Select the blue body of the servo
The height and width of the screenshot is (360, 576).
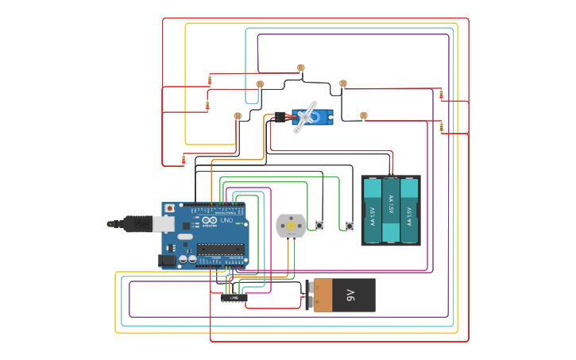(319, 117)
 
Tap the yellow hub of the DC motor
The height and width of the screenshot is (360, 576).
(291, 226)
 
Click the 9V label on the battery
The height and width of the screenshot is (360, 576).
(350, 295)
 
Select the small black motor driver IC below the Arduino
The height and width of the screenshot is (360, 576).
(234, 298)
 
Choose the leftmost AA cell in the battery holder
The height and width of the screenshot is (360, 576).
(372, 210)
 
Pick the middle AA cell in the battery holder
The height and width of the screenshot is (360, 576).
(391, 210)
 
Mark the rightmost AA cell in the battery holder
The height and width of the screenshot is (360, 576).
(409, 210)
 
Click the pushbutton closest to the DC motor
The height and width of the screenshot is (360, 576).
(319, 226)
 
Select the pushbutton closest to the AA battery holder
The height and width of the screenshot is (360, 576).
(350, 226)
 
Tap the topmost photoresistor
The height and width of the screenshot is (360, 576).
(300, 68)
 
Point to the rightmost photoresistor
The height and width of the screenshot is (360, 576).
(364, 115)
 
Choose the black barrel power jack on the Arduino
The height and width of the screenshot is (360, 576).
(167, 260)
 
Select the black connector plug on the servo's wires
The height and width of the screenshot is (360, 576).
(280, 117)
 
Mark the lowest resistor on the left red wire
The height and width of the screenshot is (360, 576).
(184, 160)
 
